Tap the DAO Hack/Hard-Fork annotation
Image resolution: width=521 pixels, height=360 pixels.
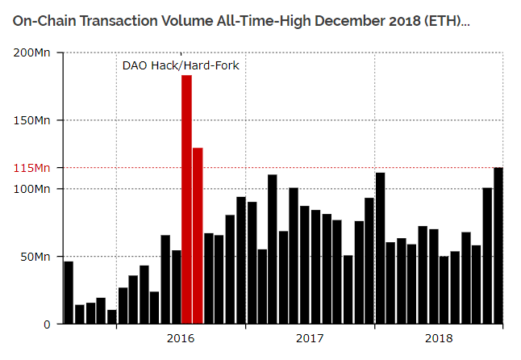(x=180, y=64)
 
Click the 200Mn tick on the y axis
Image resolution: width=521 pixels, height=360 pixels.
(x=32, y=52)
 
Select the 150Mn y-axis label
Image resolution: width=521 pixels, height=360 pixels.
(x=32, y=120)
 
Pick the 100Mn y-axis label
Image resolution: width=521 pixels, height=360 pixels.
(x=32, y=188)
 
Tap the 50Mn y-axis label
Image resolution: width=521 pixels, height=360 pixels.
(x=35, y=257)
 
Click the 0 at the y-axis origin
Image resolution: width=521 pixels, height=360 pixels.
(x=48, y=324)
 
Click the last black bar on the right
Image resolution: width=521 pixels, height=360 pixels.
(x=498, y=246)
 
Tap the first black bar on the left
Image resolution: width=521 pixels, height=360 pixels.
(x=69, y=293)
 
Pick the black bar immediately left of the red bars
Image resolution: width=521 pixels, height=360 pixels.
(x=176, y=287)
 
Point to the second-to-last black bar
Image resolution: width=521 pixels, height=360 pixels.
(x=487, y=256)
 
